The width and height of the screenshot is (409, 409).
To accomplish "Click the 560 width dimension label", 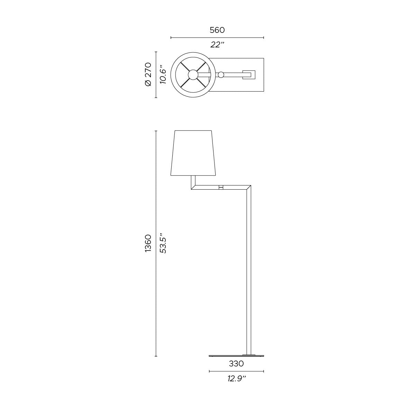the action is (217, 30).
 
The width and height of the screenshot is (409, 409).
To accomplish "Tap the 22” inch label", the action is (217, 45).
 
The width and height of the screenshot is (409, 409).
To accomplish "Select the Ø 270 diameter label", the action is (148, 74).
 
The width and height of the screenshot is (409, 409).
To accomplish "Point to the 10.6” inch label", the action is (163, 75).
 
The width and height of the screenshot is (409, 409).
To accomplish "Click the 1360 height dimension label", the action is (148, 243).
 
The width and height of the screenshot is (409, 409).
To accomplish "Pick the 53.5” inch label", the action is (163, 243).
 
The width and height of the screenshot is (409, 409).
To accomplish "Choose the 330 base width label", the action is (236, 363).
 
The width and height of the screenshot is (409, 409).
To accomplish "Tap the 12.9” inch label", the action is (237, 379).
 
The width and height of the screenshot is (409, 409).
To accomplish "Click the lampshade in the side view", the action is (193, 153).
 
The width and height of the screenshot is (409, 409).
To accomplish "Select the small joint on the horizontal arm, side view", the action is (221, 187).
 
